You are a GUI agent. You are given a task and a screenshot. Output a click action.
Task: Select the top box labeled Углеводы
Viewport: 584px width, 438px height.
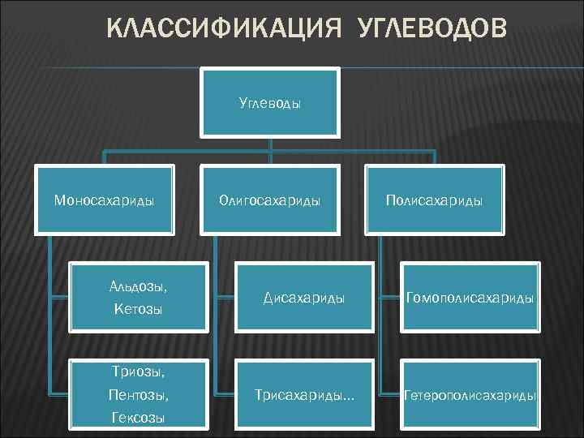click(270, 102)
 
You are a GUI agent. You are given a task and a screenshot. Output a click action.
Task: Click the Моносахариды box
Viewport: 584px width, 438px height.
click(104, 200)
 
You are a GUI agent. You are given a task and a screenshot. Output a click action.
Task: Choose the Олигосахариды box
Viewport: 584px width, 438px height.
click(270, 200)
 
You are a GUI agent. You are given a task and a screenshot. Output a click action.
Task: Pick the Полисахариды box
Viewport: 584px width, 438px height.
click(436, 200)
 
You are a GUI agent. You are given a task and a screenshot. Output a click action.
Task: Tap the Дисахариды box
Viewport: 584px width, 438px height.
click(304, 298)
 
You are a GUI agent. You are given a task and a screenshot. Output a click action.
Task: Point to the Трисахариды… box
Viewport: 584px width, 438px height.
click(304, 395)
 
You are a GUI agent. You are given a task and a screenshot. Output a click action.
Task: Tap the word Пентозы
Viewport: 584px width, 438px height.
click(138, 395)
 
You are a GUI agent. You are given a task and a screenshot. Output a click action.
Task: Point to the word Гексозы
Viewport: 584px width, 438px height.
click(138, 418)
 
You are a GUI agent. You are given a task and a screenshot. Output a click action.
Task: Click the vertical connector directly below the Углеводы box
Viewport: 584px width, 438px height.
click(270, 144)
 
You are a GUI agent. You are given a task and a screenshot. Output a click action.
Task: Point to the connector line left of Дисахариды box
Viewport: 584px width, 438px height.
click(222, 297)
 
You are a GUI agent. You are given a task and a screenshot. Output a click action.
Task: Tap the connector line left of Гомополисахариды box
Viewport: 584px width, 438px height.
click(389, 297)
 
